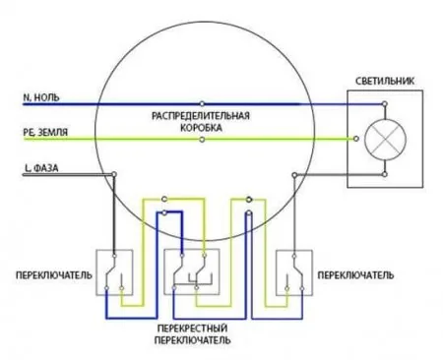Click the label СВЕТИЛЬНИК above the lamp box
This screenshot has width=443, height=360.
(385, 81)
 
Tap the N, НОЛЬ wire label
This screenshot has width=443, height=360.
(41, 97)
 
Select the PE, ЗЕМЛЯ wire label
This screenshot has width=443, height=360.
(45, 132)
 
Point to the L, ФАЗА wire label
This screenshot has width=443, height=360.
(41, 168)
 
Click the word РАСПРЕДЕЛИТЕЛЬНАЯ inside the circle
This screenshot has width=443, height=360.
(201, 116)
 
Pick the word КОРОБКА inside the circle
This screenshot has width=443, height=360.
(201, 128)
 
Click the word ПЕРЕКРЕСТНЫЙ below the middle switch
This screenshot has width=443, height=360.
(192, 329)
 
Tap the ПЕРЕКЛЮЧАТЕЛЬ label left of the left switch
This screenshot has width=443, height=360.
(54, 274)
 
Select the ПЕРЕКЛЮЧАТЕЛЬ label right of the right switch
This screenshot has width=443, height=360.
(355, 274)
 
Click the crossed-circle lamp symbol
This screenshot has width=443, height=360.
(385, 139)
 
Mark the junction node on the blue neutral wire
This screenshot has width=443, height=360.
(202, 104)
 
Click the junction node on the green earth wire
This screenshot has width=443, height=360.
(202, 140)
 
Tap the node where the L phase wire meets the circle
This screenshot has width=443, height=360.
(114, 174)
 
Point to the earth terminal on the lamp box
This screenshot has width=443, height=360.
(356, 139)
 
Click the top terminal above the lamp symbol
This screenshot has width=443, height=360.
(385, 104)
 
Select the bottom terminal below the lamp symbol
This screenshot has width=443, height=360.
(385, 174)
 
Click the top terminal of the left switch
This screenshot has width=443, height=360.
(114, 256)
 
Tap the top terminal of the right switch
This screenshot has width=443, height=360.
(294, 256)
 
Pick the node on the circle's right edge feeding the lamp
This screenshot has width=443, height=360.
(294, 175)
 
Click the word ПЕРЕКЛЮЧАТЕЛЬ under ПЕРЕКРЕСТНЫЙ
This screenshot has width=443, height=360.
(192, 340)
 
